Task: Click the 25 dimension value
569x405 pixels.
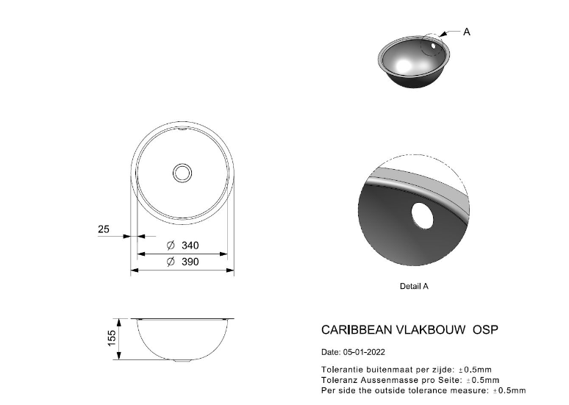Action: point(104,229)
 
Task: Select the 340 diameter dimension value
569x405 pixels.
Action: point(190,245)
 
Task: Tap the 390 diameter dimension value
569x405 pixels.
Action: point(190,262)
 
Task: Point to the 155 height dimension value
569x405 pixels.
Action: point(112,338)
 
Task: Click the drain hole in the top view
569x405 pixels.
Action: point(182,173)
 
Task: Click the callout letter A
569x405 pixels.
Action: point(467,32)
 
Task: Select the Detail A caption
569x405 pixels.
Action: point(414,287)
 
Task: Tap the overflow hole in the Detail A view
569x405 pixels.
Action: point(422,216)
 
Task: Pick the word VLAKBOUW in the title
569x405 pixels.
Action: point(430,329)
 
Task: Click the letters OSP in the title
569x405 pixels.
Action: point(485,329)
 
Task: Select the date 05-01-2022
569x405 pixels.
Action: point(364,352)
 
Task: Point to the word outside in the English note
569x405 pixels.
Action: point(390,390)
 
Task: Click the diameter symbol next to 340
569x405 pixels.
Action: point(171,245)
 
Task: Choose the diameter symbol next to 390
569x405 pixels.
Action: point(171,262)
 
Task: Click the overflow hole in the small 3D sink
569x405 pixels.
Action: point(433,46)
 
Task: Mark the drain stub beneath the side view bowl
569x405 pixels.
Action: point(182,361)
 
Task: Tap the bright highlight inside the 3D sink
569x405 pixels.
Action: point(404,65)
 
